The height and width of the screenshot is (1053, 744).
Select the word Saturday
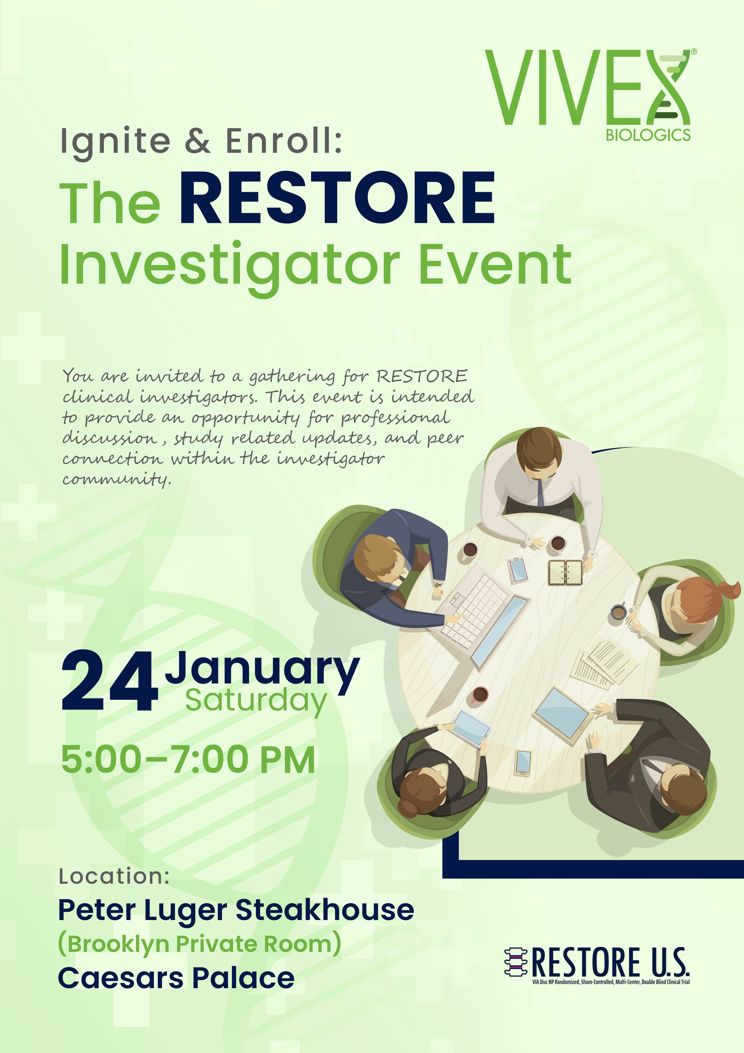[x=256, y=701]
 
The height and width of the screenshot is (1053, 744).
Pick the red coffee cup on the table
[x=479, y=695]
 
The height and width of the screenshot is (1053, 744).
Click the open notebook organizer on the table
[x=565, y=572]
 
